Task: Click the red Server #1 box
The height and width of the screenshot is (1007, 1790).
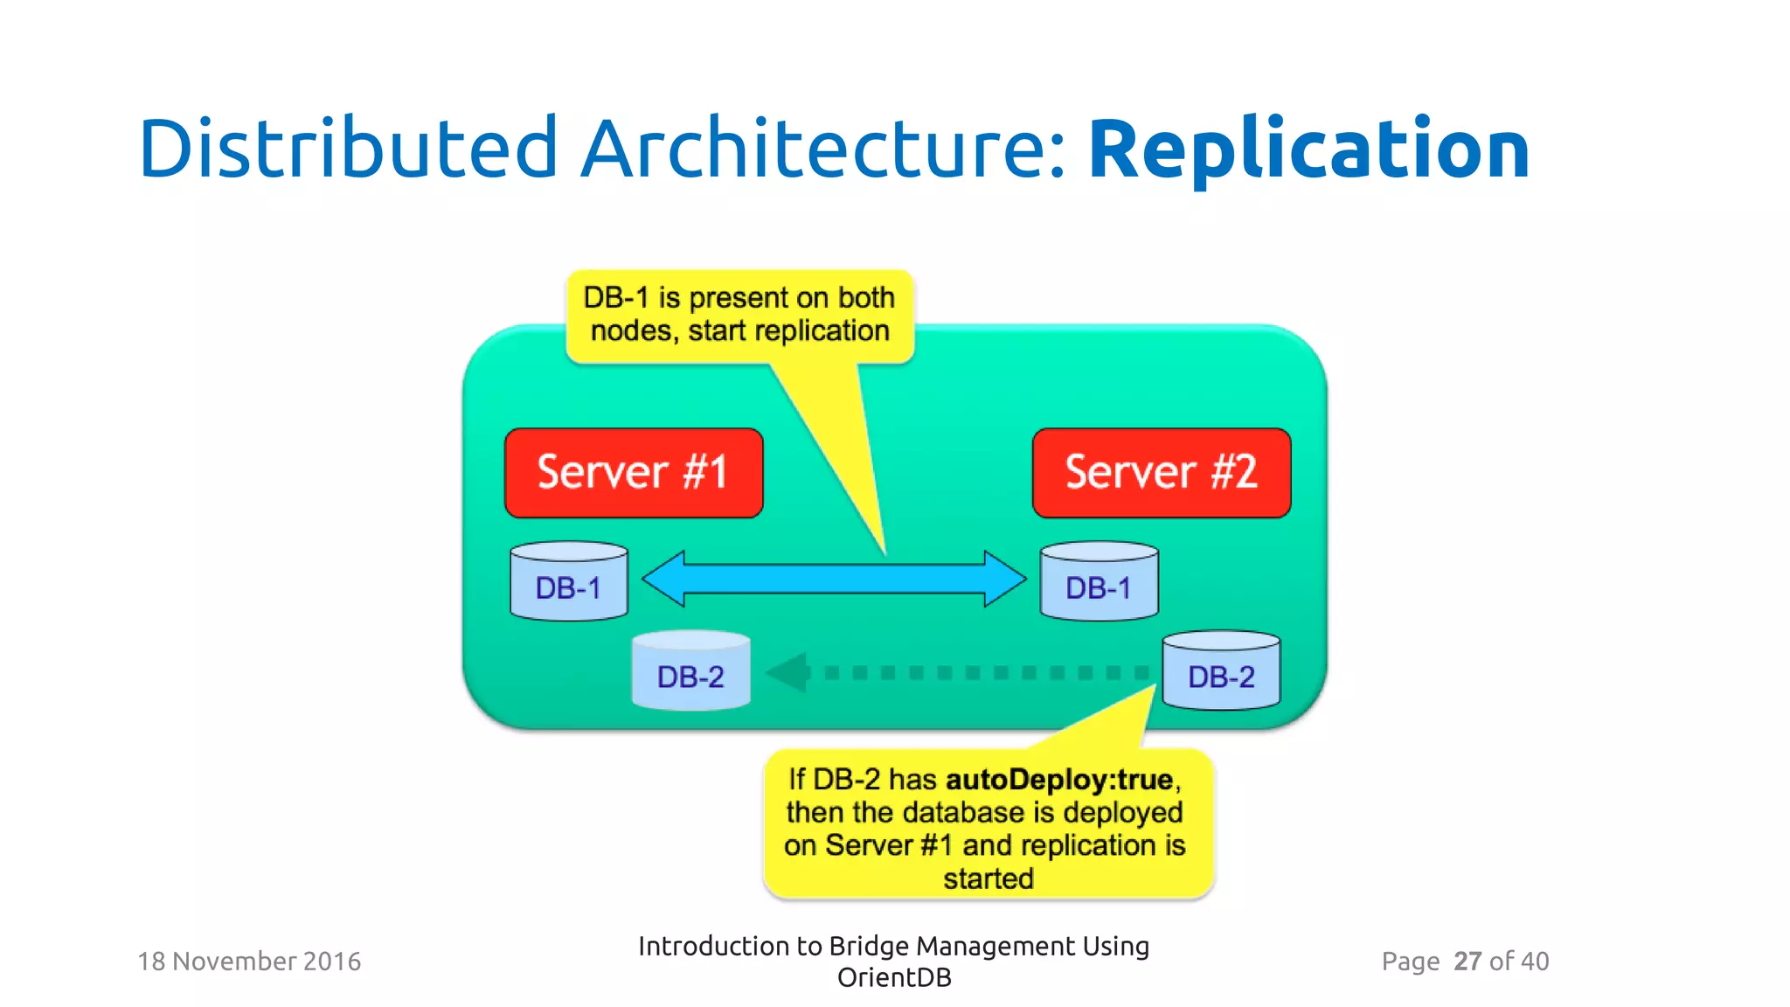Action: pyautogui.click(x=634, y=473)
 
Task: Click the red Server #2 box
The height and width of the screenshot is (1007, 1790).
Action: pyautogui.click(x=1161, y=473)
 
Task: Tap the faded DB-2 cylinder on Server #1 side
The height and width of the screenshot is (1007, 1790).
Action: pyautogui.click(x=690, y=671)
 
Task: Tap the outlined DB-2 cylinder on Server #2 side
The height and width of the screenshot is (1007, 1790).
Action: pyautogui.click(x=1221, y=671)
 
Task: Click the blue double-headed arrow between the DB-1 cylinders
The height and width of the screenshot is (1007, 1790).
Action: pyautogui.click(x=835, y=579)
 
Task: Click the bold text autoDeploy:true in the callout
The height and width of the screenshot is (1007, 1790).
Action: pyautogui.click(x=1059, y=779)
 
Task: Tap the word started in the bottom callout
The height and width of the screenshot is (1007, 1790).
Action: pyautogui.click(x=989, y=879)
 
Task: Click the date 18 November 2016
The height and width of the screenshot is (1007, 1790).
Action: pyautogui.click(x=249, y=962)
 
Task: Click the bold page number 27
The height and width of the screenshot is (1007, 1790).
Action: pyautogui.click(x=1467, y=962)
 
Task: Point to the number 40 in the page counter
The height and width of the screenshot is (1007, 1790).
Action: pyautogui.click(x=1535, y=962)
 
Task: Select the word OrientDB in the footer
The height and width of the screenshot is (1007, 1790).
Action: pyautogui.click(x=894, y=977)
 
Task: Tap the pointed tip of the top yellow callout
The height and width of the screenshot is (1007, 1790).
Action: pyautogui.click(x=885, y=552)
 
